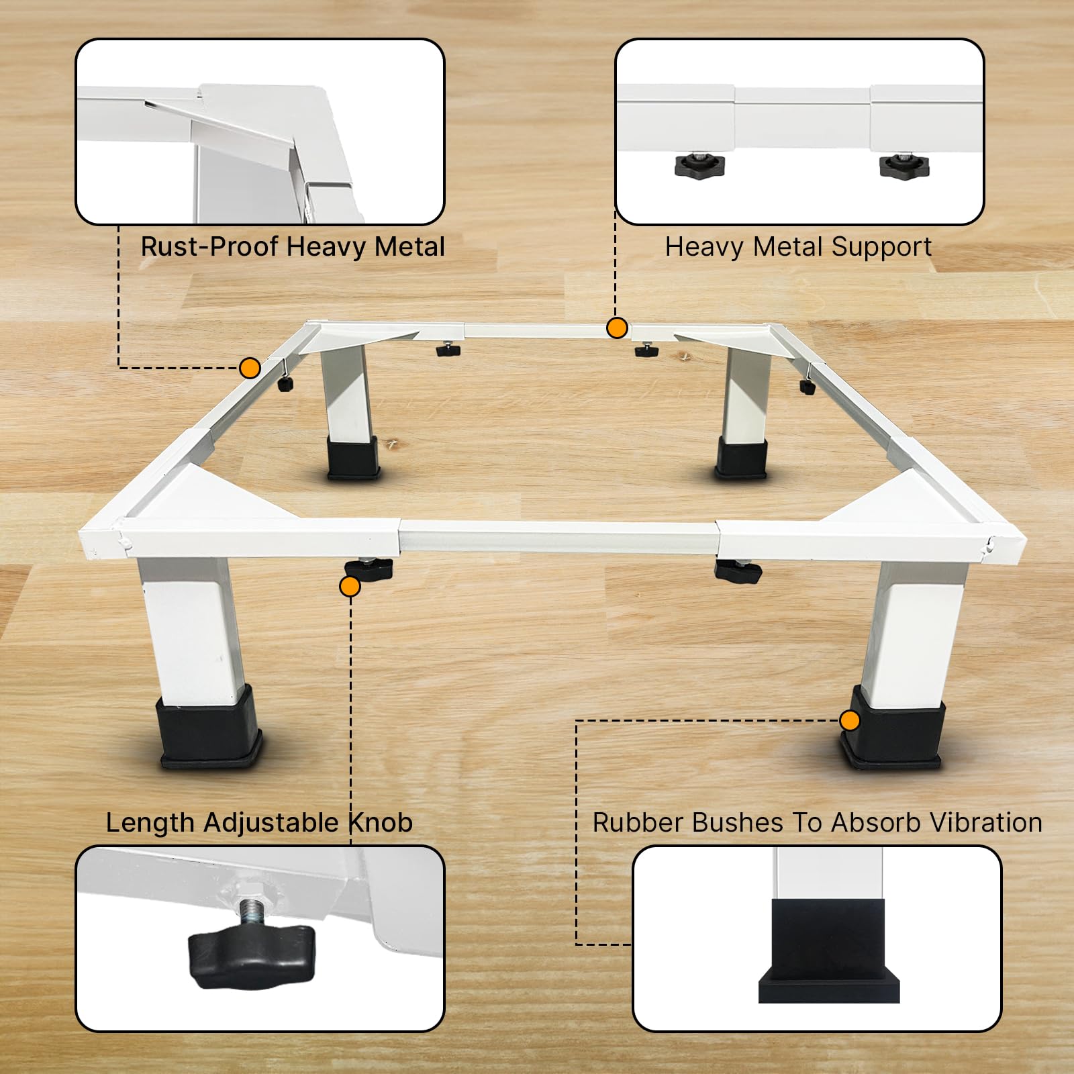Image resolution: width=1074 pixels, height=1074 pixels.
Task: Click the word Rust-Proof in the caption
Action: pyautogui.click(x=209, y=247)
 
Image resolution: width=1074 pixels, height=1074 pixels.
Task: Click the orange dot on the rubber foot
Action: pyautogui.click(x=850, y=721)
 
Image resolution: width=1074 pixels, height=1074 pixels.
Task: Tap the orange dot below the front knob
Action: pyautogui.click(x=350, y=587)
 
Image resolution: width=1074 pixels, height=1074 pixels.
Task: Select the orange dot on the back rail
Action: pyautogui.click(x=617, y=328)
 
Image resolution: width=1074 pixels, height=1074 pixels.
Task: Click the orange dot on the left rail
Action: pyautogui.click(x=250, y=368)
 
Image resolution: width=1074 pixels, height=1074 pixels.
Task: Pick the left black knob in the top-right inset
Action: pyautogui.click(x=700, y=165)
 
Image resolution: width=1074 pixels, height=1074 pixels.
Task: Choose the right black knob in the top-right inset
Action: pyautogui.click(x=904, y=165)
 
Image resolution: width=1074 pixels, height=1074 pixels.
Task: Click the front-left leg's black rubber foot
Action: pyautogui.click(x=209, y=728)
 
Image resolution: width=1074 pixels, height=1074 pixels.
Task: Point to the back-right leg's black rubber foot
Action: pyautogui.click(x=741, y=458)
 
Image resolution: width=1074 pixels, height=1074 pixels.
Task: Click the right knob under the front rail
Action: pyautogui.click(x=738, y=571)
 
